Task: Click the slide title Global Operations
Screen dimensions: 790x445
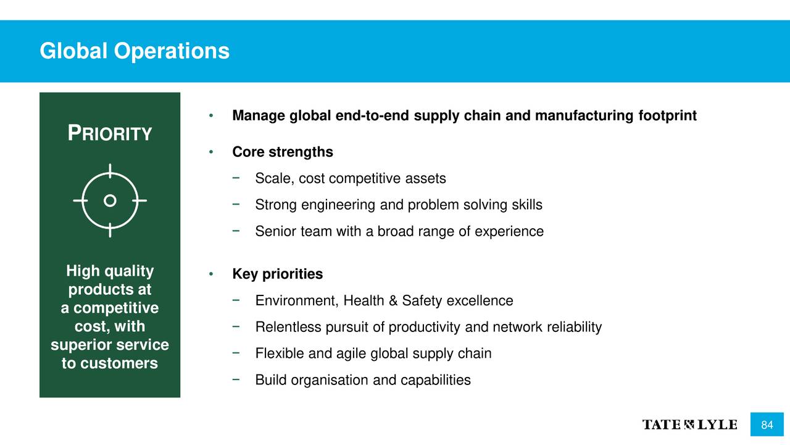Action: tap(135, 51)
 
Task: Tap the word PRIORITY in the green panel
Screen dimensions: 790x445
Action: tap(110, 133)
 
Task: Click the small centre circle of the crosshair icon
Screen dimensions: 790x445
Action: tap(110, 201)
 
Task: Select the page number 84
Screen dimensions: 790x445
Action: tap(767, 425)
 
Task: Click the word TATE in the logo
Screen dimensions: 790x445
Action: tap(662, 425)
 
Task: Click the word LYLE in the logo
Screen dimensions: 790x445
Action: tap(717, 425)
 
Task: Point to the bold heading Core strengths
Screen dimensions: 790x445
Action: tap(283, 152)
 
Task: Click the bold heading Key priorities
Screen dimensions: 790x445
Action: tap(278, 274)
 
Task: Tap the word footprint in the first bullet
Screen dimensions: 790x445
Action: tap(668, 116)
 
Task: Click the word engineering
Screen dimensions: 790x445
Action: tap(338, 205)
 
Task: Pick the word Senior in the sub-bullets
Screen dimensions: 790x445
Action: tap(276, 232)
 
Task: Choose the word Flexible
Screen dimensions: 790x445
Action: tap(280, 354)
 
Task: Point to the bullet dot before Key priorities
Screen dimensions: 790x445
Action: tap(211, 274)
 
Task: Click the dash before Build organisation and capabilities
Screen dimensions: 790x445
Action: tap(236, 379)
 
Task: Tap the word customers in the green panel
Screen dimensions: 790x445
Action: tap(119, 363)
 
